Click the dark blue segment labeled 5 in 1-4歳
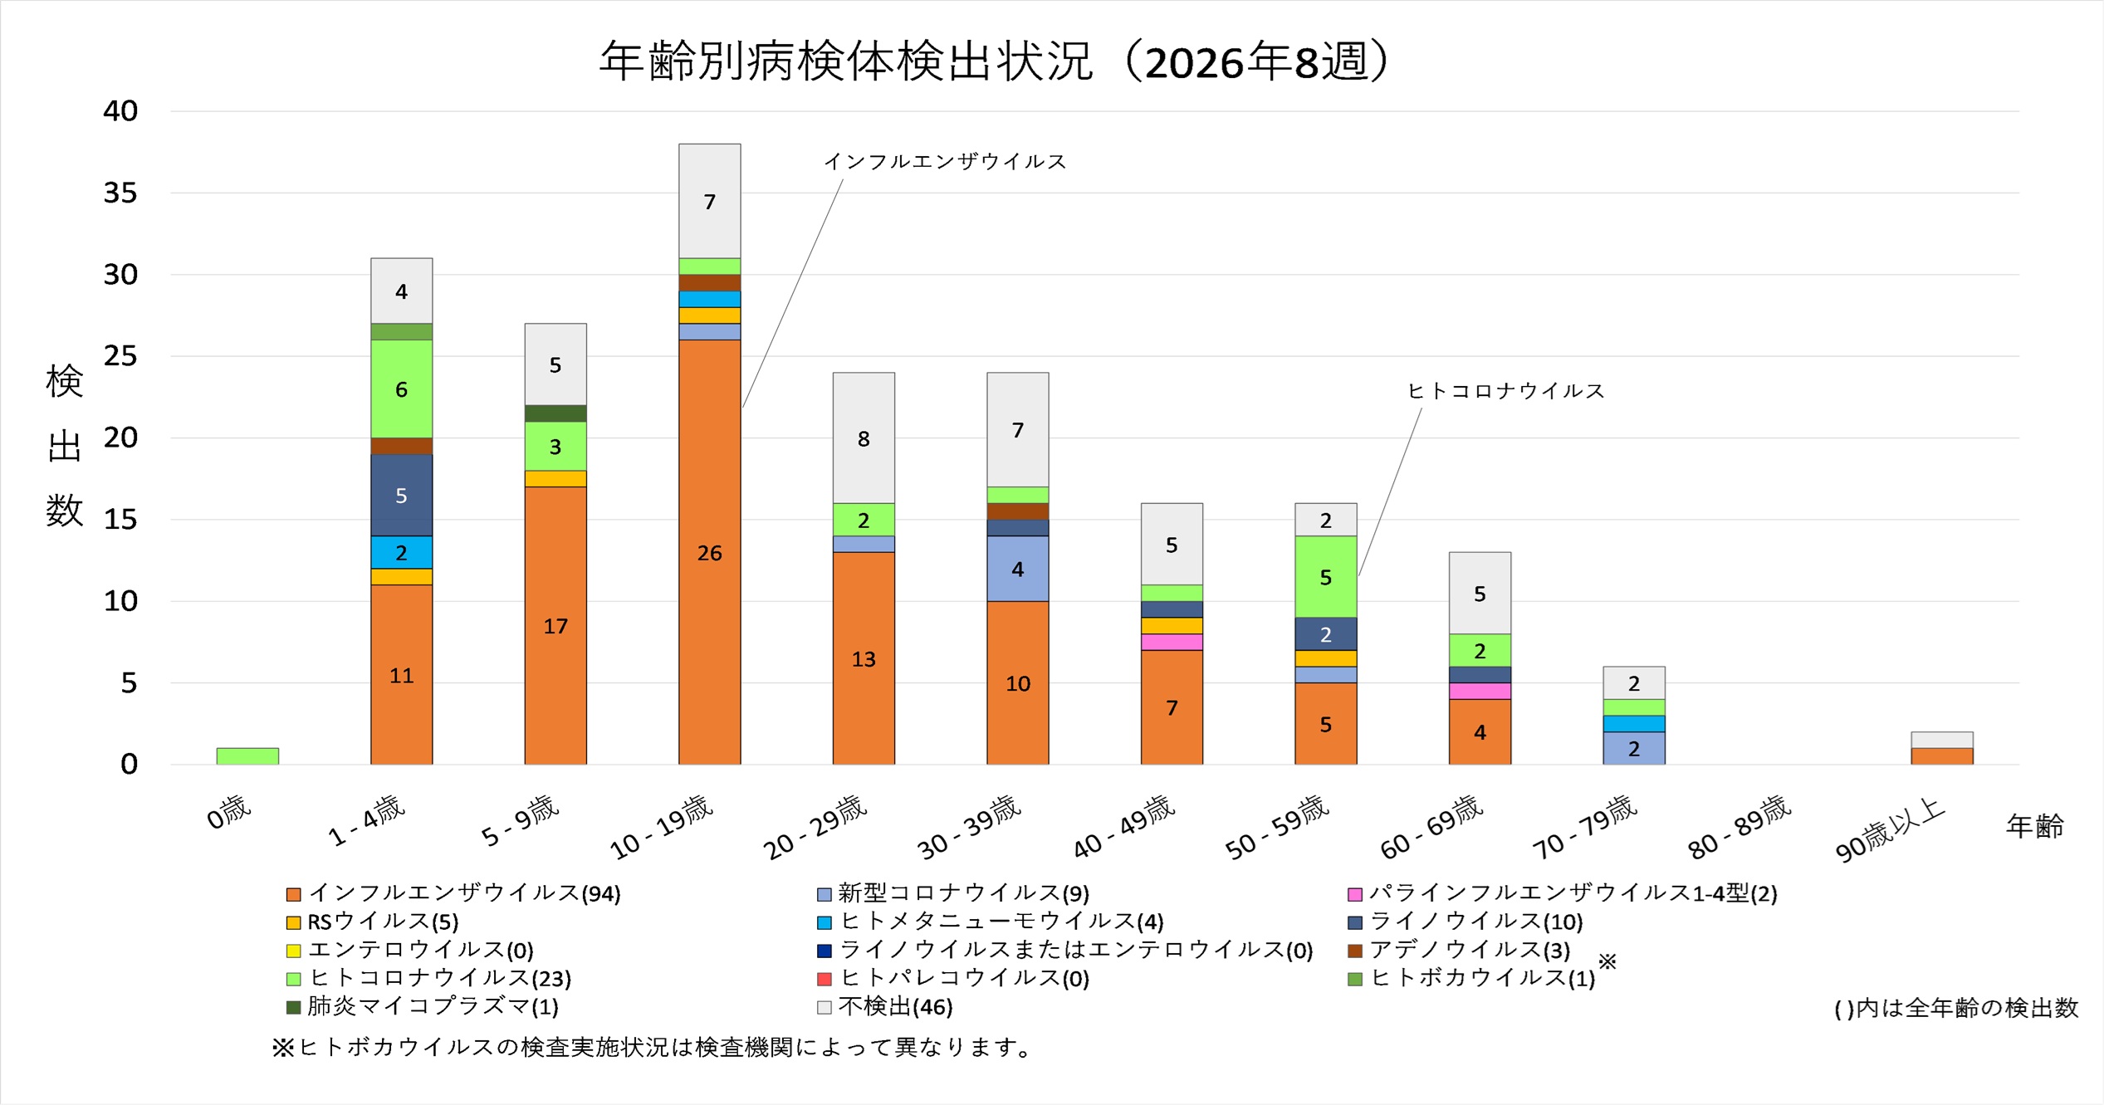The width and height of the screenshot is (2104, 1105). point(401,495)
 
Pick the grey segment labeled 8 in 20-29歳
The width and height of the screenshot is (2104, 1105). point(864,438)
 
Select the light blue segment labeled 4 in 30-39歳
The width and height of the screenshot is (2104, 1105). point(1017,568)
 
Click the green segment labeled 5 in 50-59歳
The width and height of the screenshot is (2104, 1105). point(1325,576)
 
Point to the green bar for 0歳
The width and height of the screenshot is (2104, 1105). point(247,755)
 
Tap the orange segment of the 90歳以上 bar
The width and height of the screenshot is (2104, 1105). point(1941,755)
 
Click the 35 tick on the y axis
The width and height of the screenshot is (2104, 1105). point(120,193)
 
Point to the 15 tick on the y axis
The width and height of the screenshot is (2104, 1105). point(120,519)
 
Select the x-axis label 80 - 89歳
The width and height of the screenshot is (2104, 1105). point(1739,826)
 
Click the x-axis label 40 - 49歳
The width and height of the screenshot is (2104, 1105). point(1124,826)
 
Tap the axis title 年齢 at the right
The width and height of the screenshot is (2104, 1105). point(2034,826)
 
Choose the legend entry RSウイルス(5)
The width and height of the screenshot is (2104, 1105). point(382,922)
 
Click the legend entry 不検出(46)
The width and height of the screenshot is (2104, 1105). point(895,1006)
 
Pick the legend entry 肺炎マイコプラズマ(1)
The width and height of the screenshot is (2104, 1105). point(432,1006)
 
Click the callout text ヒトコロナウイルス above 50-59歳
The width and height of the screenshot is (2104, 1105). point(1505,390)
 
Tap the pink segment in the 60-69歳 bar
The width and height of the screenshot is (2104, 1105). point(1480,691)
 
